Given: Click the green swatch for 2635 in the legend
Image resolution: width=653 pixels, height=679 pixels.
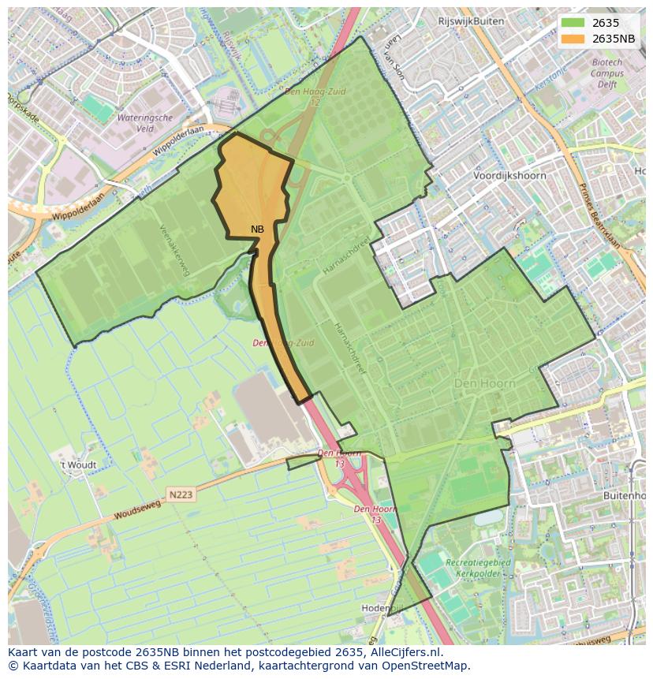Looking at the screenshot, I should tap(573, 23).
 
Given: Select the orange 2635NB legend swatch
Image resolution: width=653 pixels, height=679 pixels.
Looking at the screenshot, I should tap(573, 39).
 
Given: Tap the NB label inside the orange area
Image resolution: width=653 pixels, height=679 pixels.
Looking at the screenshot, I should tap(257, 229).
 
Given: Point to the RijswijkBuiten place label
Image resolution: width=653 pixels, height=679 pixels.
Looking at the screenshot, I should tap(471, 21).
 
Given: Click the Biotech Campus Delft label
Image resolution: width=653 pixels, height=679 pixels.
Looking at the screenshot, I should tap(606, 73).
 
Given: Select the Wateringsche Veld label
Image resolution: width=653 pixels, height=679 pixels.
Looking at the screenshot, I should tap(144, 123).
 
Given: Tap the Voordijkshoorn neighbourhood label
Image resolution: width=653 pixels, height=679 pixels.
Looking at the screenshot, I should tap(509, 176).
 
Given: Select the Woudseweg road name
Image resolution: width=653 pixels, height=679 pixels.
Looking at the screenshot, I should tap(136, 509).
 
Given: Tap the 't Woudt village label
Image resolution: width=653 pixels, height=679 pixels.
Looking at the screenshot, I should tap(79, 465).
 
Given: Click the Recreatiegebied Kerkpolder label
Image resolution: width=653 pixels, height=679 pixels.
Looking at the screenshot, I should tap(478, 569).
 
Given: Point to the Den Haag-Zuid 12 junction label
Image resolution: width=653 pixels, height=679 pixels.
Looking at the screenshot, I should tap(315, 97).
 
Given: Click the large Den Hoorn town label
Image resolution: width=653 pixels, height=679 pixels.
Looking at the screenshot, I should tap(484, 383).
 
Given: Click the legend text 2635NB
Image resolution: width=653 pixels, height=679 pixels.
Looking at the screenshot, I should tap(614, 39).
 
